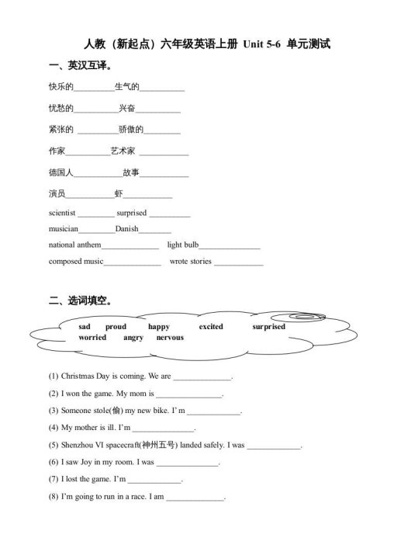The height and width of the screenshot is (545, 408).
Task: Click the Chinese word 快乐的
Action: coord(61,87)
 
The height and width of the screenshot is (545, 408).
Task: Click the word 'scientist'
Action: coord(62,213)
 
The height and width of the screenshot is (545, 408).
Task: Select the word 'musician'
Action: coord(63,229)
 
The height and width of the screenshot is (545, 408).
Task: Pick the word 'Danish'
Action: coord(126,229)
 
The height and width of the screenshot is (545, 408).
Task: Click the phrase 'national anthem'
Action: coord(74,245)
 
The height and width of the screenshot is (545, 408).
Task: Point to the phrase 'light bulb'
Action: coord(183,245)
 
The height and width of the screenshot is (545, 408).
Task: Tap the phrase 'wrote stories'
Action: coord(190,262)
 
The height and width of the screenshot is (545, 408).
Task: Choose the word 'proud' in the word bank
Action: coord(116,327)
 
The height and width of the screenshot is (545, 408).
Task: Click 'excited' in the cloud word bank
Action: coord(211,327)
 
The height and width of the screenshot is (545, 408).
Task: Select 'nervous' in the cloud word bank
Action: coord(170,338)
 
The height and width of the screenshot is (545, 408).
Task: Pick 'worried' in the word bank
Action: coord(92,338)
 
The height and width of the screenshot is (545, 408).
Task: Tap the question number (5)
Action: coord(54,445)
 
